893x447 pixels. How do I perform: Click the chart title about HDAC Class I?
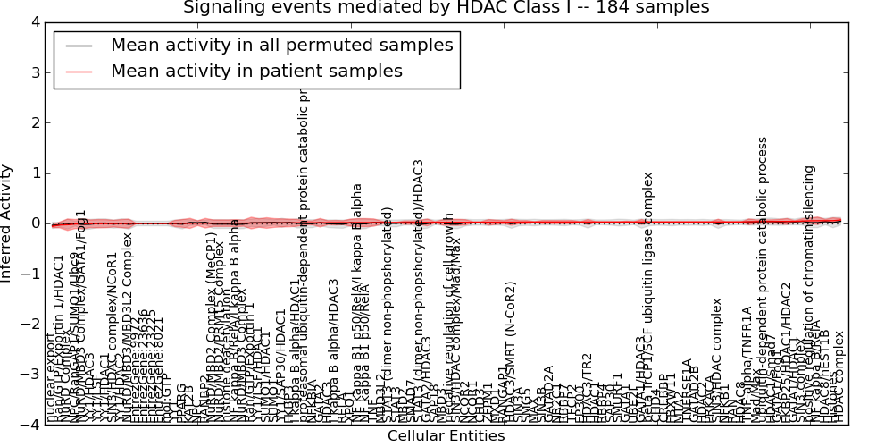pos(446,8)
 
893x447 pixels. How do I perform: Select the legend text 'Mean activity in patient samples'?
pos(256,72)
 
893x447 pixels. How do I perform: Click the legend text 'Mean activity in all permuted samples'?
pos(281,46)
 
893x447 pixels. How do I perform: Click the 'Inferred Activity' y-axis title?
pos(8,223)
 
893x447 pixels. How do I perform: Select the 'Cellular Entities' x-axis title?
pos(446,436)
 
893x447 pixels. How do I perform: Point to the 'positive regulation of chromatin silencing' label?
pos(811,295)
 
